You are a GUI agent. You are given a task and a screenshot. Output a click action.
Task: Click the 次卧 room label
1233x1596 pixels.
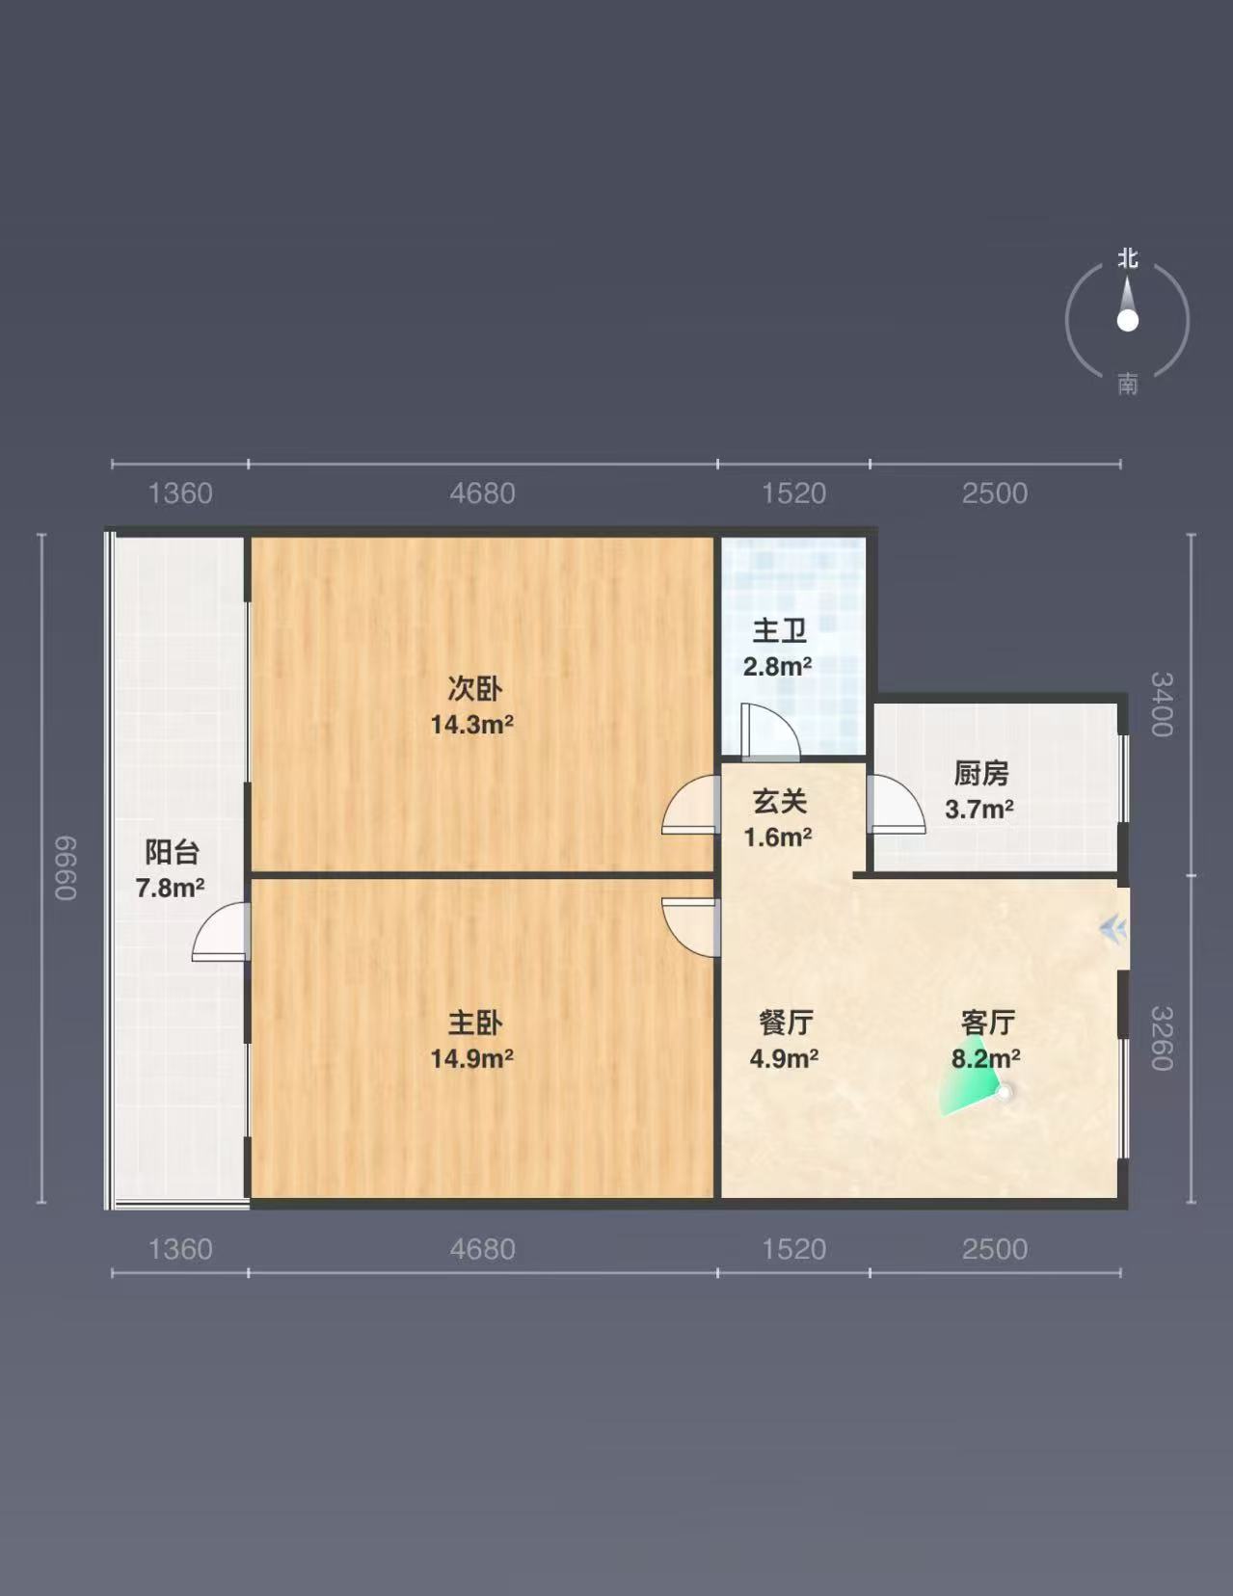475,689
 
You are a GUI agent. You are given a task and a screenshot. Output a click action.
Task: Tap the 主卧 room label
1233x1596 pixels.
475,1024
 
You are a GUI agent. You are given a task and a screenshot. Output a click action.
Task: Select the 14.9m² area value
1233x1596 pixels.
471,1058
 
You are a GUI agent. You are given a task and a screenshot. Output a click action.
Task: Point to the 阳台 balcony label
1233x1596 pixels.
172,852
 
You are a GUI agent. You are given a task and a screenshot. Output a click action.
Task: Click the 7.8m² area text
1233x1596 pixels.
170,888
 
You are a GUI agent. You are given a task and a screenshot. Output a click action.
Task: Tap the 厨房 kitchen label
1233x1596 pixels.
981,773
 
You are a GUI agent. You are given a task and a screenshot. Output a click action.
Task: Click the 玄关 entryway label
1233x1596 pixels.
779,801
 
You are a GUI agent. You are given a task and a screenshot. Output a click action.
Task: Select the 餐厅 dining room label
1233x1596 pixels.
785,1023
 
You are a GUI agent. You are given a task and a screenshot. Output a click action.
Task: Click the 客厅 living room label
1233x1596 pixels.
988,1023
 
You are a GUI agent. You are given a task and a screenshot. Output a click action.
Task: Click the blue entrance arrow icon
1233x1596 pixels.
1113,928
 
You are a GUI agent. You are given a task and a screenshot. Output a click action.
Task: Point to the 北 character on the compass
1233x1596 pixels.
1127,258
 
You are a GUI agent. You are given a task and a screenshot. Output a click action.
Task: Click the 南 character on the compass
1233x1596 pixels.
1127,384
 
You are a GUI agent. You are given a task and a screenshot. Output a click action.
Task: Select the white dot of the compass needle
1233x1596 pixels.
1127,320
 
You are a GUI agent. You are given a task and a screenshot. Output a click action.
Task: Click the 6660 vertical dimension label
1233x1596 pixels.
67,867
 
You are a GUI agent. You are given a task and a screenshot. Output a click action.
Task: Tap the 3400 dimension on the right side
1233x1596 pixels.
1161,705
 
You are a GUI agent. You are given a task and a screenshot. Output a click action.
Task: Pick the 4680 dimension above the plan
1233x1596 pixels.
482,492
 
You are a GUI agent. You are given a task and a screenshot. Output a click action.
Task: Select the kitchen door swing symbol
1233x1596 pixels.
896,804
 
